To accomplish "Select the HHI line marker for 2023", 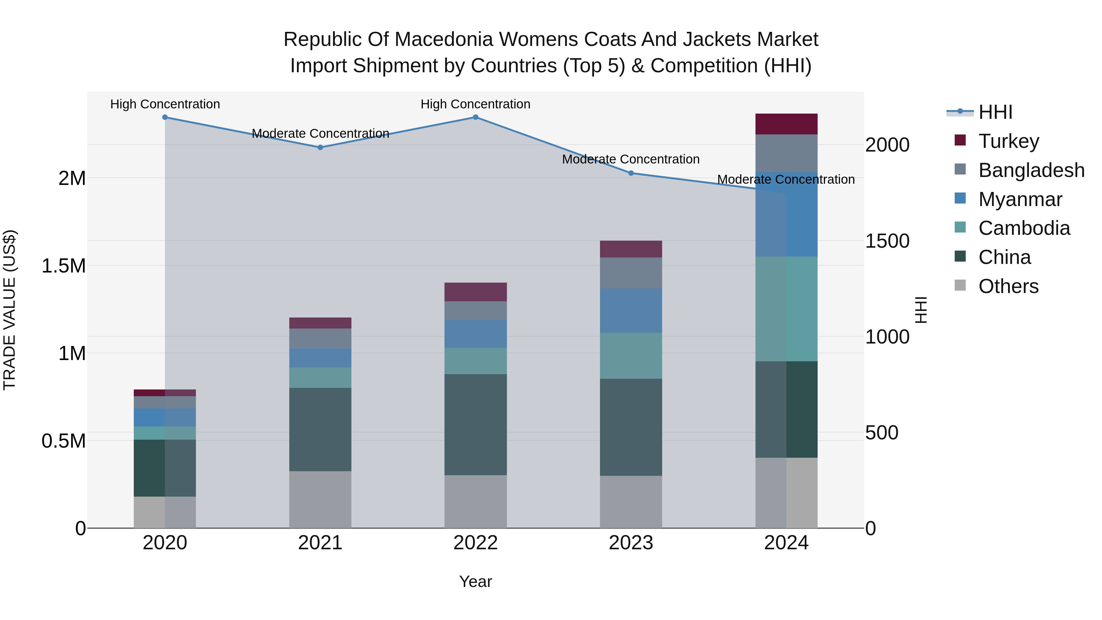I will click(631, 173).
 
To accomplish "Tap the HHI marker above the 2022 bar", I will click(475, 117).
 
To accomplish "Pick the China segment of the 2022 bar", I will click(475, 424).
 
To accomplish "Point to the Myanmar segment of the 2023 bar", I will click(631, 311).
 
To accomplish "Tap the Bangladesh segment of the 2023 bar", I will click(631, 273).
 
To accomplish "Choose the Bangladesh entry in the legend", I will click(1031, 170).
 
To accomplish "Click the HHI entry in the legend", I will click(995, 112).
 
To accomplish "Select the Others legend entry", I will click(1008, 286).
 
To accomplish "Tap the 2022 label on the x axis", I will click(475, 543).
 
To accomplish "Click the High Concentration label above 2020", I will click(165, 104).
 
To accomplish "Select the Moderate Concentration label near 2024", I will click(785, 179).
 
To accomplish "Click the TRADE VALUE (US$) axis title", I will click(9, 310).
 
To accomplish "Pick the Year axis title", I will click(475, 581).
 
